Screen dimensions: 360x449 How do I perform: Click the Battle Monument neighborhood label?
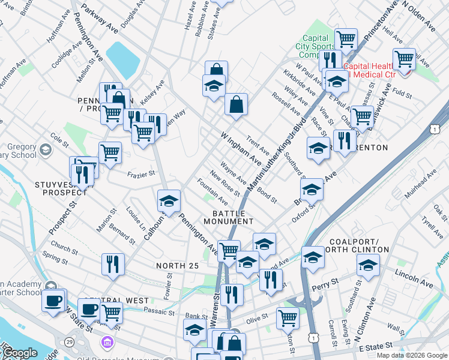pos(232,217)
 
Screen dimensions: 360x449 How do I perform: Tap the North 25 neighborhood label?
pos(176,265)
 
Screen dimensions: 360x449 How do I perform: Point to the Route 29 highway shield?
pos(70,341)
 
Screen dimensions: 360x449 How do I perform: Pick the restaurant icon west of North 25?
pos(112,264)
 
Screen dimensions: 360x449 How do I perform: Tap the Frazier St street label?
pos(141,175)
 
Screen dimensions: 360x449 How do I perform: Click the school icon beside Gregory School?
pos(46,149)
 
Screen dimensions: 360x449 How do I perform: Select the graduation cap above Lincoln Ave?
pos(368,265)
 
